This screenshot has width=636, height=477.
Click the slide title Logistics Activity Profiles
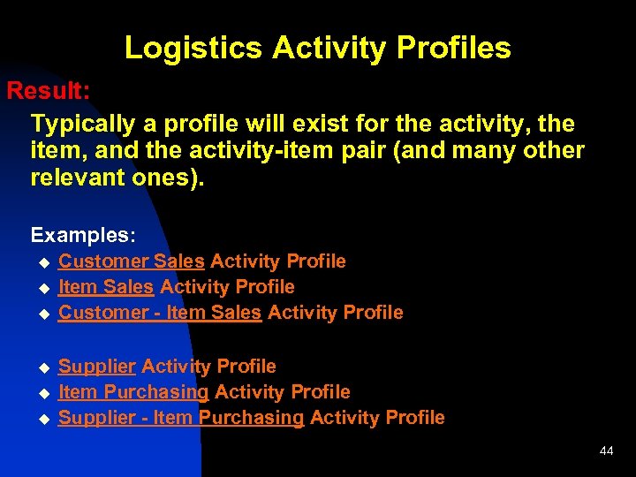click(317, 48)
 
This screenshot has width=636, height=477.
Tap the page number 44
click(606, 451)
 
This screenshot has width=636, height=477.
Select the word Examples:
click(83, 235)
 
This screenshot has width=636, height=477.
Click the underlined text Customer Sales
click(132, 261)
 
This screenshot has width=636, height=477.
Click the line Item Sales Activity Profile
click(176, 287)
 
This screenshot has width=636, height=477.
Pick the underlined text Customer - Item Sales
click(160, 313)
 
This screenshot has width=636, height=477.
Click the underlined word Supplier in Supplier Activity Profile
click(96, 367)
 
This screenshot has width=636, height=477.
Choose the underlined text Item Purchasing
click(133, 392)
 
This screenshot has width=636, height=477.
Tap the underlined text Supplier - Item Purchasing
click(181, 418)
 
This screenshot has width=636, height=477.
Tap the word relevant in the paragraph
click(72, 178)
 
